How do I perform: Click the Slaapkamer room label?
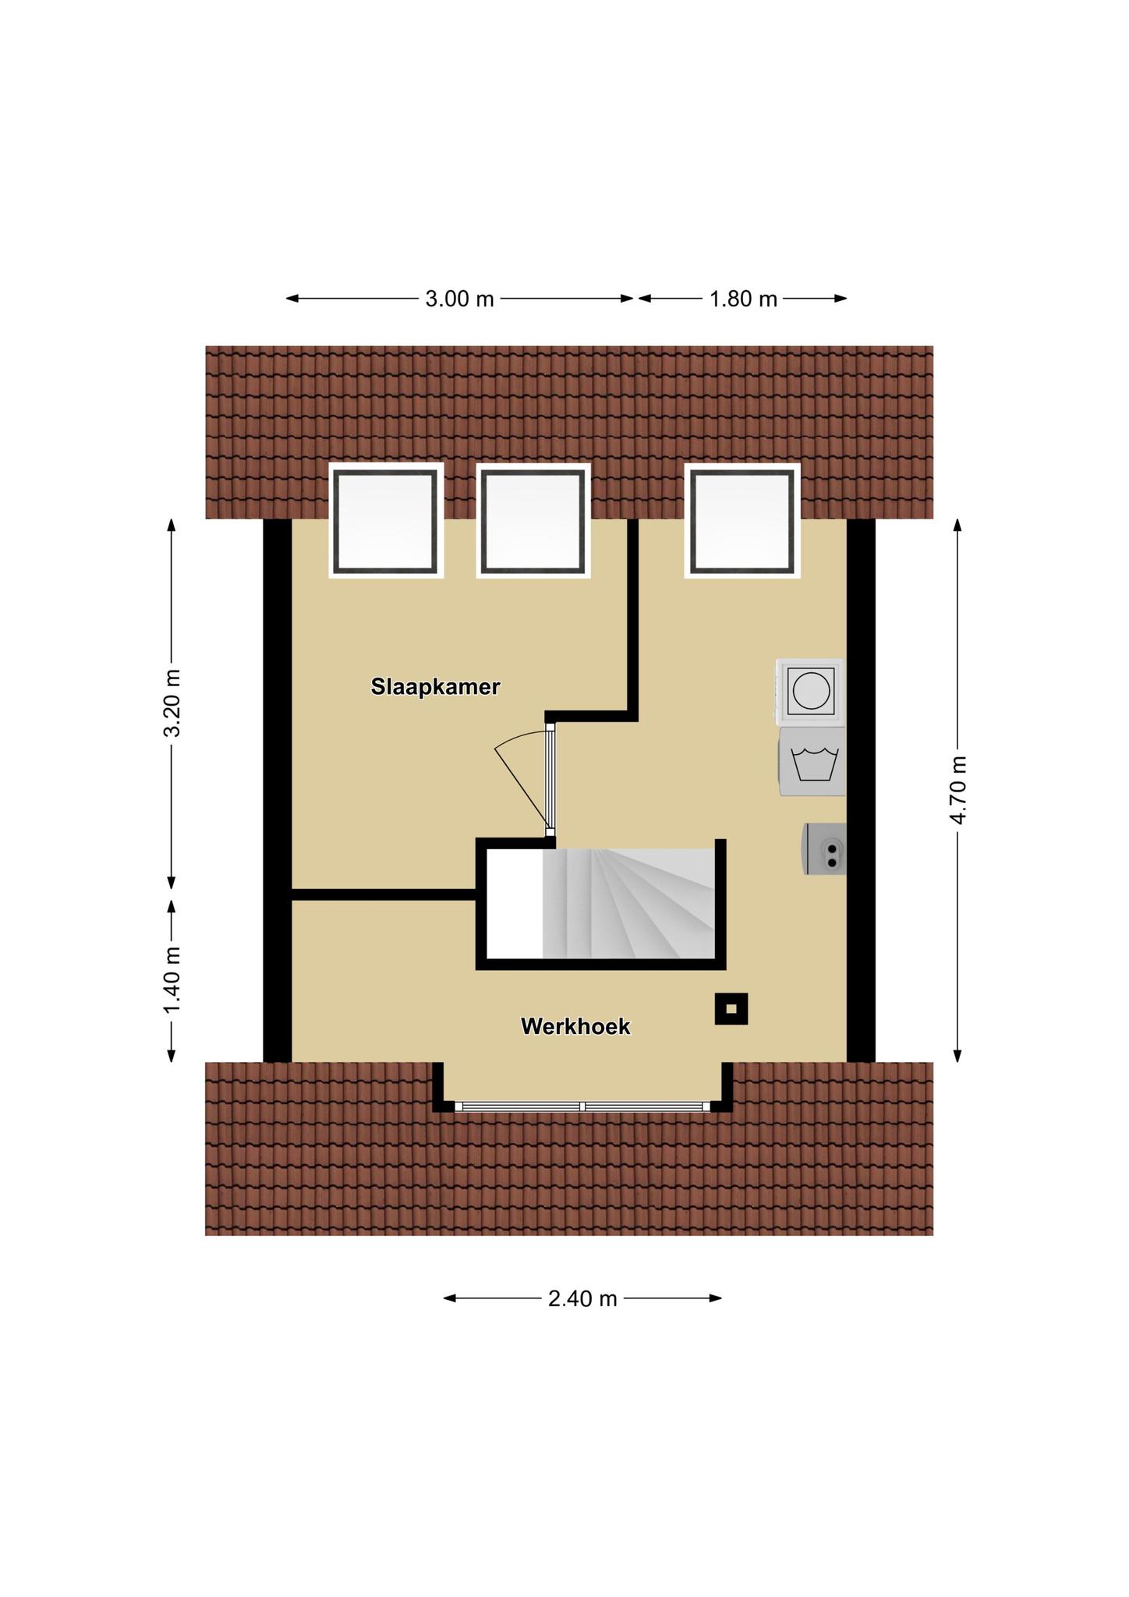435,687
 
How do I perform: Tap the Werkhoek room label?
575,1026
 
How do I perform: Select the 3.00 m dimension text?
459,299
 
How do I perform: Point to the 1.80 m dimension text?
743,299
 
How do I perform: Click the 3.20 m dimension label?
172,703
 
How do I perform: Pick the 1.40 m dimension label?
172,980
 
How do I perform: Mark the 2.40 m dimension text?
582,1298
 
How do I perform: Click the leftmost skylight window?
386,521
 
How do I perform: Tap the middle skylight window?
533,521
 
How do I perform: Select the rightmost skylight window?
742,521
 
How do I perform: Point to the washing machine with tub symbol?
812,762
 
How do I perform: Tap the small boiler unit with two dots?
825,848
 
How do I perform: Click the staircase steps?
628,904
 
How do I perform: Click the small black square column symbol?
731,1008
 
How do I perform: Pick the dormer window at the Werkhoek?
582,1106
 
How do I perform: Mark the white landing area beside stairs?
515,904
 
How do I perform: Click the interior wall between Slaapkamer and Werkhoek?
384,894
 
